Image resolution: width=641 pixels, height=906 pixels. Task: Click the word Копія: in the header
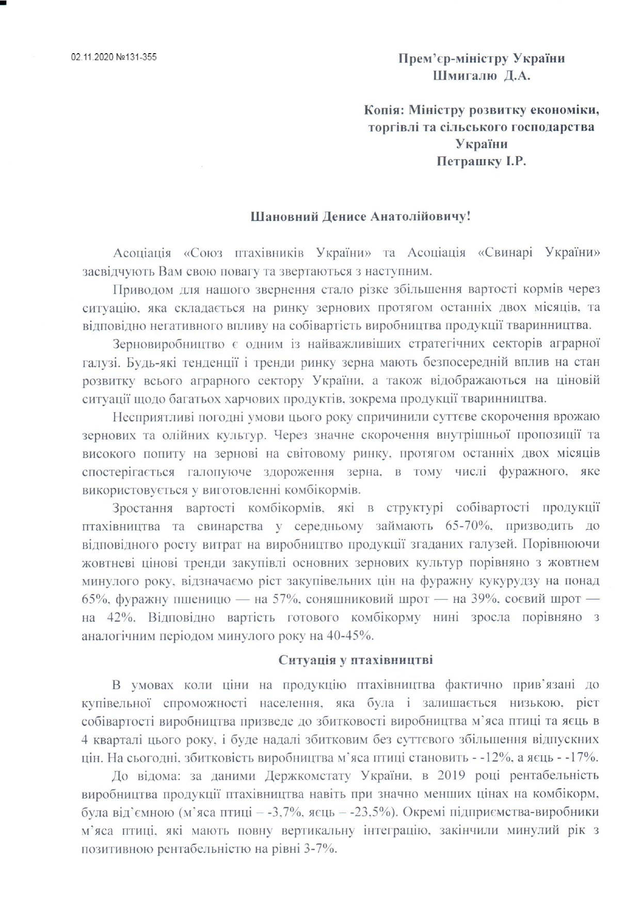pos(383,110)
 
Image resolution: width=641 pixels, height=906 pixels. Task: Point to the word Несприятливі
pos(150,417)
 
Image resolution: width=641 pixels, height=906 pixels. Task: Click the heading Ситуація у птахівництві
pos(356,660)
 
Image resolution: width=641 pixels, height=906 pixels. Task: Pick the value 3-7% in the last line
pos(320,848)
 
